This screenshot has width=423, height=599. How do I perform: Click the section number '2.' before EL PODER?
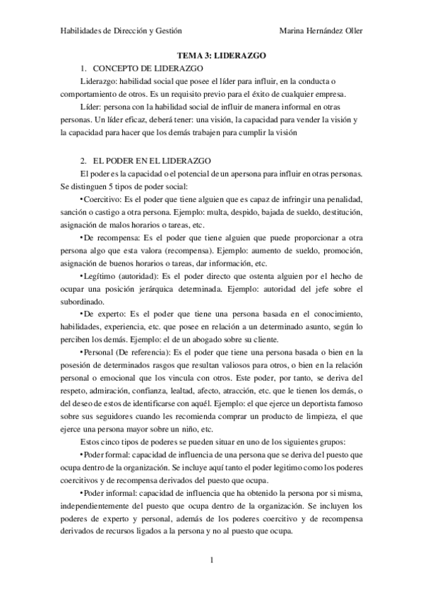coord(84,161)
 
